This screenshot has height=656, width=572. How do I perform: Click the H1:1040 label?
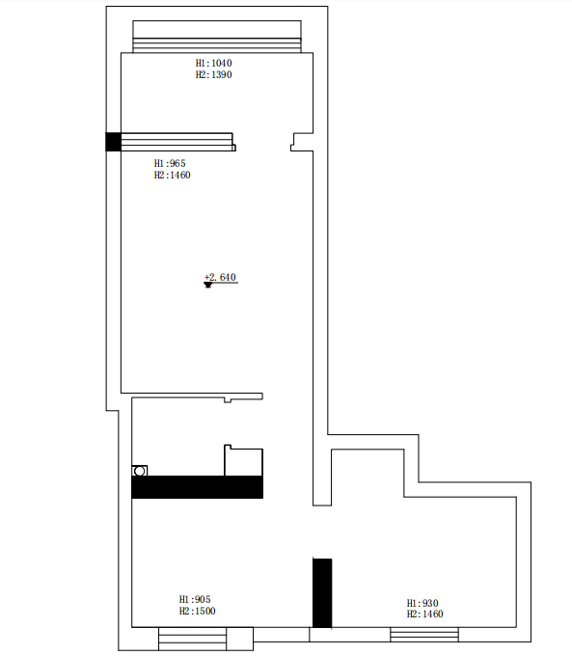tap(213, 63)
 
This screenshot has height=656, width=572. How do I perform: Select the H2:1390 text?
tap(213, 74)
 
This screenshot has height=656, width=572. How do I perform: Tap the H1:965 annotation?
tap(170, 163)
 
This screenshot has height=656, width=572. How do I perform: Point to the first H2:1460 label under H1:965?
tap(172, 175)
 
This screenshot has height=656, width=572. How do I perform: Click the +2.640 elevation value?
tap(220, 277)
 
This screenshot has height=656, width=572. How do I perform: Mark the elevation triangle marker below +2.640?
tap(208, 285)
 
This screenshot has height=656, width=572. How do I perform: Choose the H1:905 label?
tap(195, 599)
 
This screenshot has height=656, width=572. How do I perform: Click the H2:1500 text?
tap(197, 611)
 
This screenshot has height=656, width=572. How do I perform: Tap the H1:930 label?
tap(422, 603)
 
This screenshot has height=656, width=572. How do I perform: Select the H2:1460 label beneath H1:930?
tap(424, 614)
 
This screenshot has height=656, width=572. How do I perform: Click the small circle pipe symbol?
tap(140, 471)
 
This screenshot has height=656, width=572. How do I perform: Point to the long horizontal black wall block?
tap(197, 487)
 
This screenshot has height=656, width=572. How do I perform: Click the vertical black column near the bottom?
tap(322, 593)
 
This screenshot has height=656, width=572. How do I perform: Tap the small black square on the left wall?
tap(113, 142)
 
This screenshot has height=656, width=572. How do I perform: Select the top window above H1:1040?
tap(217, 37)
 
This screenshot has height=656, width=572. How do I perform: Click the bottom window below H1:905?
tap(193, 639)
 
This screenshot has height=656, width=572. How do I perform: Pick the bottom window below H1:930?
tap(424, 634)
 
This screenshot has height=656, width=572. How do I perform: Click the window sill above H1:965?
tap(178, 142)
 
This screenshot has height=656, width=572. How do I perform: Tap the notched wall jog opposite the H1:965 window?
tap(302, 142)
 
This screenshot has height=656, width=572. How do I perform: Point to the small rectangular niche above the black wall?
tap(243, 460)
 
